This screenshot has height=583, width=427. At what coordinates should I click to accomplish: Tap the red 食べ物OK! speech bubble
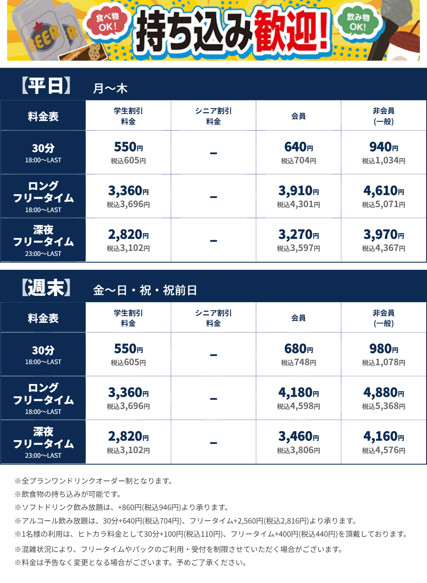pos(106,22)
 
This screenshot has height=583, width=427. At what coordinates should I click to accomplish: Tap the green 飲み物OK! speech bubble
pos(358,22)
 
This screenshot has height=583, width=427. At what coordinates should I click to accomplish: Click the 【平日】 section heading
pos(46,86)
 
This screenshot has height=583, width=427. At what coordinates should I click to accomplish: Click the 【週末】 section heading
pos(46,288)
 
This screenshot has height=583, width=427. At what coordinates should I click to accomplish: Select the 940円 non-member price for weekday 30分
pos(384,147)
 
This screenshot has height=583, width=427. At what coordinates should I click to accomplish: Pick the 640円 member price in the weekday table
pos(299,147)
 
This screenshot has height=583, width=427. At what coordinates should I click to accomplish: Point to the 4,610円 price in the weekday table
pos(384,191)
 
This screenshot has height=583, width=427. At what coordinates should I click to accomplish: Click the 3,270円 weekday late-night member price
pos(299,235)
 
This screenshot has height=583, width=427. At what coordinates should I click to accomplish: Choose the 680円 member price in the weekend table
pos(299,349)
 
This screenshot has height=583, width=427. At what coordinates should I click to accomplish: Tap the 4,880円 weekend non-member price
pos(384,393)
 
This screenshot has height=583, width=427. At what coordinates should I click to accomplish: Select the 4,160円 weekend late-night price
pos(384,437)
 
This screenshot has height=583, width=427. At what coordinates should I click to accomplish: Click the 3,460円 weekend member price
pos(299,437)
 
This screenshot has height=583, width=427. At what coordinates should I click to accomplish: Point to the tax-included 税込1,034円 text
pos(384,161)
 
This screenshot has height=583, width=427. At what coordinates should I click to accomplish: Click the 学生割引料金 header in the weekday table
pos(128,116)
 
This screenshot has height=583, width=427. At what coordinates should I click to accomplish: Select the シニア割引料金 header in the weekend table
pos(213,318)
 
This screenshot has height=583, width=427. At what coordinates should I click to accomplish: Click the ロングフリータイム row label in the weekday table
pos(43,193)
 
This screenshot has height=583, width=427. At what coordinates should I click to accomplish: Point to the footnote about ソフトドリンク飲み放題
pos(121,508)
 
